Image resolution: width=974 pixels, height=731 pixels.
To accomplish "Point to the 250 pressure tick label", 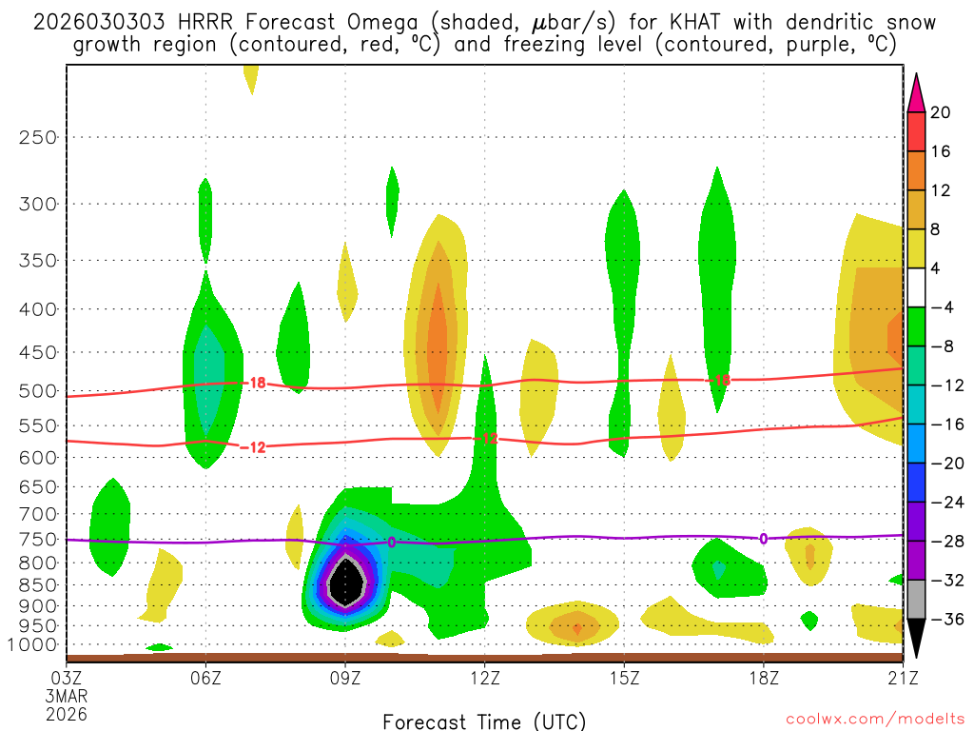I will click(x=38, y=137).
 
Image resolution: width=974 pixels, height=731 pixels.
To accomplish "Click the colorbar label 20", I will click(x=941, y=112).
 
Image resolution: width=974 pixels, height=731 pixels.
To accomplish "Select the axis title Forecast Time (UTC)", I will click(x=485, y=721).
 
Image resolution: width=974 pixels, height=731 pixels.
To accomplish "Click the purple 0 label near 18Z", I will click(x=763, y=539).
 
